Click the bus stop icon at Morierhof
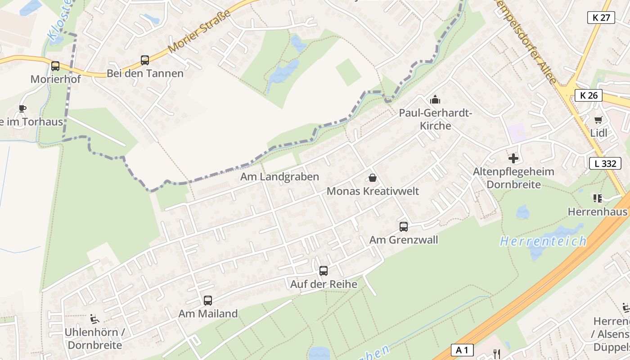(x=55, y=66)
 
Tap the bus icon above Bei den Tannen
(x=145, y=60)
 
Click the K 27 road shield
(x=601, y=18)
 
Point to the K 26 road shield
(x=589, y=95)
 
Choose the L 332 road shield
(x=605, y=163)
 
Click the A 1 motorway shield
(x=462, y=350)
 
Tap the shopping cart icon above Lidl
(x=598, y=120)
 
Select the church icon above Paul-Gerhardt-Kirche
(x=435, y=99)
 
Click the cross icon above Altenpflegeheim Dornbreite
(x=513, y=158)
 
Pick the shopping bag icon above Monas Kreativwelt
(x=373, y=178)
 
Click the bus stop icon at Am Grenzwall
(x=404, y=226)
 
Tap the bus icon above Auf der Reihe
(x=324, y=270)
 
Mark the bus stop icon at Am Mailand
(x=208, y=300)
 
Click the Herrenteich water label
(x=543, y=241)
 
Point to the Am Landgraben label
(x=279, y=177)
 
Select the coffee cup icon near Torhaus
(x=22, y=108)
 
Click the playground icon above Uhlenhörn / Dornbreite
(x=94, y=319)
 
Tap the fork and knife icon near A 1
(x=496, y=354)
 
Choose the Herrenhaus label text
(x=598, y=211)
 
